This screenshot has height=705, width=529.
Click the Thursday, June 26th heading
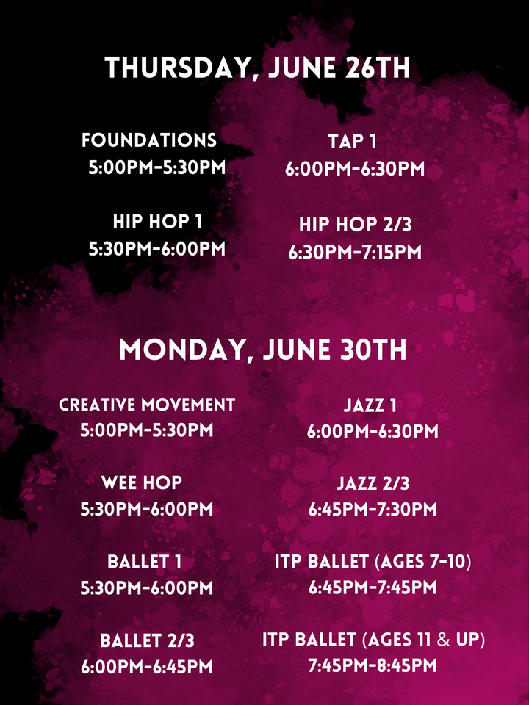point(257,68)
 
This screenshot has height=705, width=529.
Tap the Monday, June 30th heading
point(263,350)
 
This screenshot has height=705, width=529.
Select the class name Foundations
point(149,140)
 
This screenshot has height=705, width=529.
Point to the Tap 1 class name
point(352,141)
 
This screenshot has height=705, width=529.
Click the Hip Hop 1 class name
point(157,221)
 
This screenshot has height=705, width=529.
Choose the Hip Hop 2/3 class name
point(356,225)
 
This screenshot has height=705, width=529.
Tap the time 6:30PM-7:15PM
point(355,252)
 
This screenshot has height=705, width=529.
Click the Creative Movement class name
point(147,405)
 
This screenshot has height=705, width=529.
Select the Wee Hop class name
point(142,483)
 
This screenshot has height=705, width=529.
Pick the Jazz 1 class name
point(370,405)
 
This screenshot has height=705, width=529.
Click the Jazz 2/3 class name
point(373,483)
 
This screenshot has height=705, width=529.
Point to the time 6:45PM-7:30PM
point(373,510)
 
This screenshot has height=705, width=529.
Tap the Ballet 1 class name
point(145,562)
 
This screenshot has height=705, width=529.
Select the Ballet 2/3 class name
point(147,640)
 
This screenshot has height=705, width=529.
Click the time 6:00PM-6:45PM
point(147,667)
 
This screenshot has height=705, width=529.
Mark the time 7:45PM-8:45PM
point(373,665)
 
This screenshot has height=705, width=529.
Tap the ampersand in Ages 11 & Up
point(443,640)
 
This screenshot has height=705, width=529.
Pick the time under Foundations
point(157,167)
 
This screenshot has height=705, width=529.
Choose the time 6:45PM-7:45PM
point(373,587)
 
